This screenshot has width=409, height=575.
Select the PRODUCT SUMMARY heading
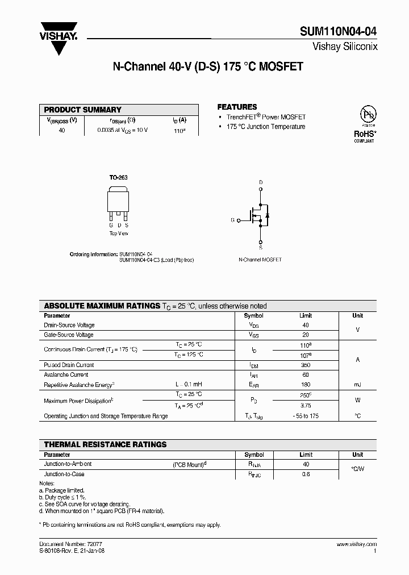83,110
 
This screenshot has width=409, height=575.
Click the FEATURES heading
237,107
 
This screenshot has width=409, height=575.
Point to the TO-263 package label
118,178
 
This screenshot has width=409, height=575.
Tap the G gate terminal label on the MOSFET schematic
232,219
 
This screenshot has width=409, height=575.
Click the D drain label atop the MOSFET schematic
261,182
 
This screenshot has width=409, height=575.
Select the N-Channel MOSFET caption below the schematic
260,259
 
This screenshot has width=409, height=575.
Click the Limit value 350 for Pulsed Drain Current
306,365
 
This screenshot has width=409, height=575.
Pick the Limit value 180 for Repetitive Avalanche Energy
306,385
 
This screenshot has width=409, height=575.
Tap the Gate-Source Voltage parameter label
69,335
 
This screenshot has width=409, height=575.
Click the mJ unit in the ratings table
357,385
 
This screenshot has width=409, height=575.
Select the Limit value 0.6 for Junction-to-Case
306,474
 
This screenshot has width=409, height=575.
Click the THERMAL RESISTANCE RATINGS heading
106,444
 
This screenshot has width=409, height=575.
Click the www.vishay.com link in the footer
357,544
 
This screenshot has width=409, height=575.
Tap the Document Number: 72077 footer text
64,544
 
